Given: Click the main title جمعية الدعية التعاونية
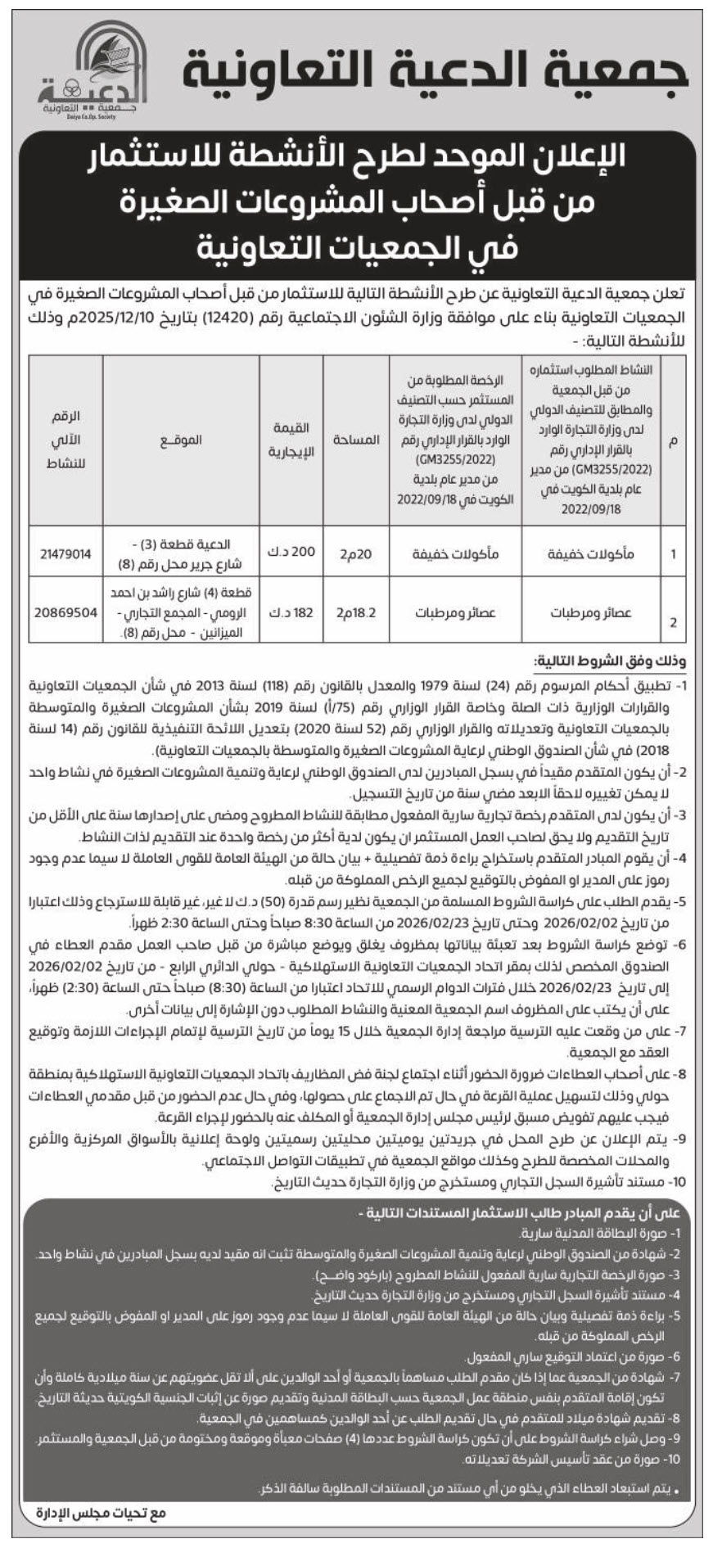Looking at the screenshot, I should pyautogui.click(x=435, y=77).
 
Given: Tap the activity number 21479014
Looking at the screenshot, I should pyautogui.click(x=65, y=554).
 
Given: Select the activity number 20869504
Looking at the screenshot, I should pyautogui.click(x=65, y=612).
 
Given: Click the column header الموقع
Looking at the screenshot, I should pyautogui.click(x=181, y=440).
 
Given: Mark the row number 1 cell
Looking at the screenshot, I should pyautogui.click(x=673, y=554).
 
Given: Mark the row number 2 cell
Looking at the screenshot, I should pyautogui.click(x=673, y=622).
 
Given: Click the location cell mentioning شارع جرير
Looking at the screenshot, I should pyautogui.click(x=181, y=554).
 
